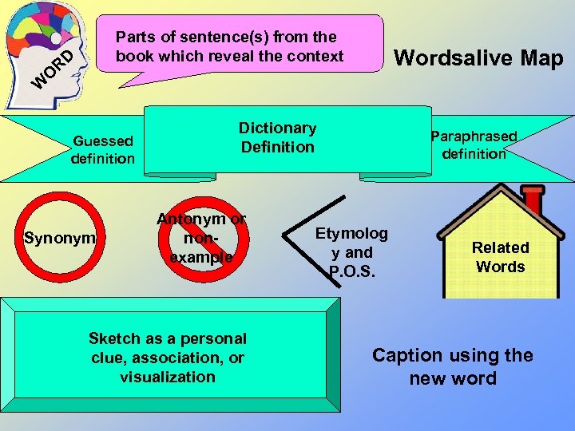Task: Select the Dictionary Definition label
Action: [x=278, y=137]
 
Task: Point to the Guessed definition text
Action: [x=103, y=150]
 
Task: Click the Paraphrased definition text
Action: [x=474, y=145]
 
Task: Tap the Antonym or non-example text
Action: [x=201, y=238]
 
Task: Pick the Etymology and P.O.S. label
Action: [x=351, y=252]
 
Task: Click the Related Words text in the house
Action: [x=500, y=257]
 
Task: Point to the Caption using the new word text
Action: [x=452, y=366]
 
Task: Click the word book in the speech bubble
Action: [x=133, y=56]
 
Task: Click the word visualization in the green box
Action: [x=168, y=377]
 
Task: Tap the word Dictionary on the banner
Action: [x=278, y=128]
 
